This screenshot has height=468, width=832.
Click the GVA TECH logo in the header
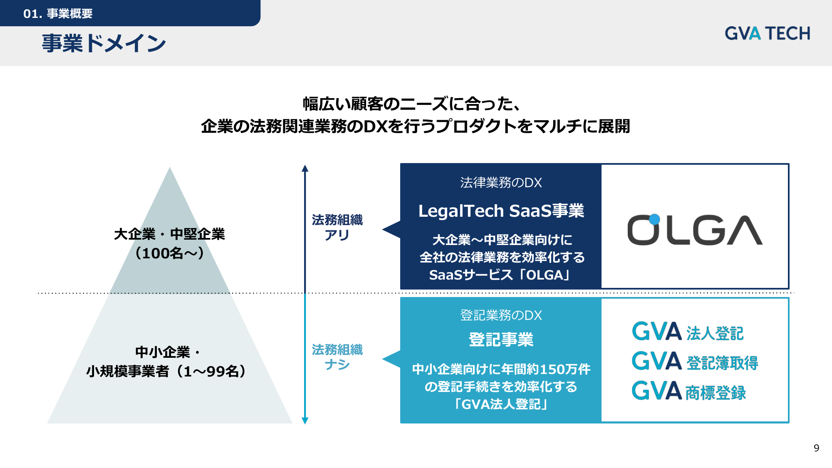(x=768, y=33)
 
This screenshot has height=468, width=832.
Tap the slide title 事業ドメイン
(x=104, y=43)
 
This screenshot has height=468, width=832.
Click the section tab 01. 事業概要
(x=58, y=14)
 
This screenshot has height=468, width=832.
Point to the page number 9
(x=816, y=448)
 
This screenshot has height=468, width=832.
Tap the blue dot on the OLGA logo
(x=654, y=219)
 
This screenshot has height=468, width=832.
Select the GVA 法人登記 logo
(x=688, y=332)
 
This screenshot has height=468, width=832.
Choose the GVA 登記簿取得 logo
(x=695, y=361)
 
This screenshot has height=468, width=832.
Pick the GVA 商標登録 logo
(x=689, y=391)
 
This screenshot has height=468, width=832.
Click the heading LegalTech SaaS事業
(x=501, y=211)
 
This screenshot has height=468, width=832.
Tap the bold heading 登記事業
(x=501, y=339)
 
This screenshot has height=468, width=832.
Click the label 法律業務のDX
(x=501, y=183)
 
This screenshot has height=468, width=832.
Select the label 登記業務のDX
(x=501, y=315)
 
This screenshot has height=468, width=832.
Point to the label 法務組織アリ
(x=337, y=227)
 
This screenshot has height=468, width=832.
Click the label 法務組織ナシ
(x=337, y=357)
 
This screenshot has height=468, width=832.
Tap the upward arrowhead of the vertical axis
(x=305, y=168)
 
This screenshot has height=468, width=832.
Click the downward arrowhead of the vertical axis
(x=305, y=421)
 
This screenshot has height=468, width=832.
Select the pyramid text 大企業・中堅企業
(x=169, y=234)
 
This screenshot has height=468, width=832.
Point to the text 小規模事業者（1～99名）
(x=166, y=371)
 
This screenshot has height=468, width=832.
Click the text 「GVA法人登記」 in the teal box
(x=501, y=404)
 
